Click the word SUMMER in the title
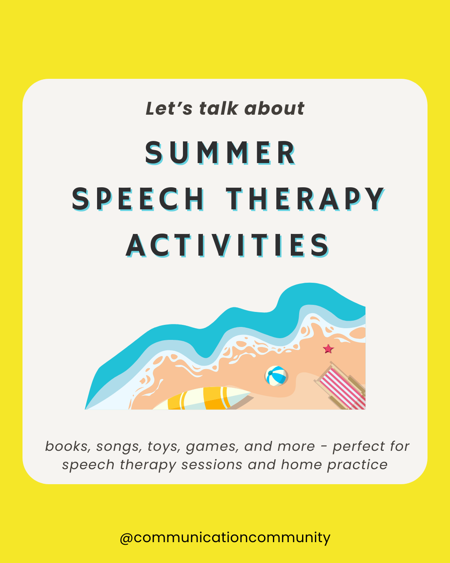point(220,153)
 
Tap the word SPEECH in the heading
point(138,199)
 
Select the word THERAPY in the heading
point(305,199)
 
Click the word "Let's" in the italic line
point(169,109)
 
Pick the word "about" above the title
point(275,109)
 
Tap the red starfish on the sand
point(328,349)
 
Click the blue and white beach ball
point(276,376)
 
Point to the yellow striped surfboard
point(204,399)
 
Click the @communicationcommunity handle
point(225,537)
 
